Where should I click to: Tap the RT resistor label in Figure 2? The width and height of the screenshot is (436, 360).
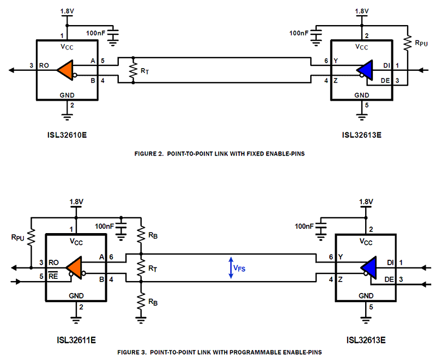pos(144,71)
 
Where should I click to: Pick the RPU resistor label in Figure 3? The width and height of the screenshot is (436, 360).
pos(17,237)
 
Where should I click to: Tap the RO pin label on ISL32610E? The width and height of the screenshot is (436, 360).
pos(44,65)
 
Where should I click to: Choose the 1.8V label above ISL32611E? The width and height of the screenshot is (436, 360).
pos(76,202)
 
